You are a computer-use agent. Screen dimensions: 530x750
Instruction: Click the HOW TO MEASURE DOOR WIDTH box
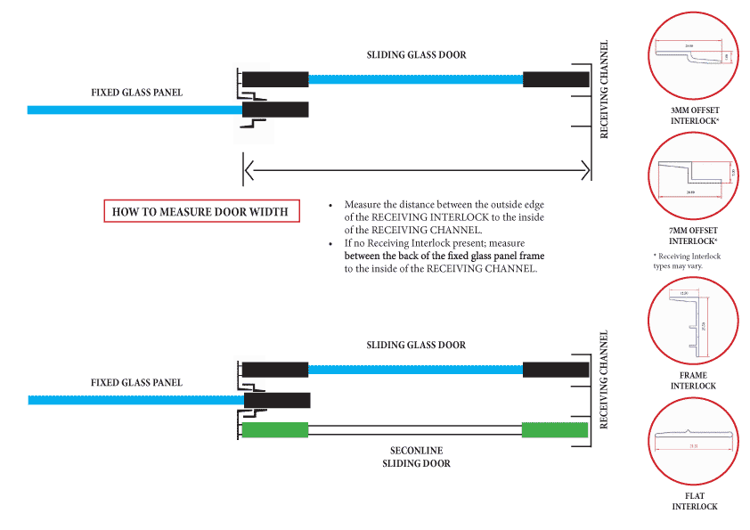coord(201,211)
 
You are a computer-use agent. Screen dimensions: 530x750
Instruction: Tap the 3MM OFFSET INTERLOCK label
coord(695,115)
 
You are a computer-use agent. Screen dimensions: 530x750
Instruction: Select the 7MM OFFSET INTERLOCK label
coord(693,236)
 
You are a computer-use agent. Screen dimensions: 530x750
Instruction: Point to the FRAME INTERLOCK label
coord(693,381)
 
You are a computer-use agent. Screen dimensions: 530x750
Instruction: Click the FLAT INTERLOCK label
coord(694,501)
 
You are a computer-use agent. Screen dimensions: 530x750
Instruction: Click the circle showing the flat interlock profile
coord(694,442)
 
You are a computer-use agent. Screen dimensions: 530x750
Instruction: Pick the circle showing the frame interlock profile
coord(694,322)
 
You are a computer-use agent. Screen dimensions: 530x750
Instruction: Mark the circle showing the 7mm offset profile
coord(694,178)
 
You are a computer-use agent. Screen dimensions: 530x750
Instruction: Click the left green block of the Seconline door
coord(275,430)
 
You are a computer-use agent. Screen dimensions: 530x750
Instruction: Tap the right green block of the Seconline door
coord(555,430)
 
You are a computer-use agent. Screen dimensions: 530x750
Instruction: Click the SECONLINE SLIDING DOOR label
coord(416,457)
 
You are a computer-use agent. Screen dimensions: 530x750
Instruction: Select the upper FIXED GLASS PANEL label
coord(136,93)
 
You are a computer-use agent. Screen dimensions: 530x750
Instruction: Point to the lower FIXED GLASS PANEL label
coord(136,382)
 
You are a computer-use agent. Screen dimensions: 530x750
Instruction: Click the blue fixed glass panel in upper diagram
coord(134,110)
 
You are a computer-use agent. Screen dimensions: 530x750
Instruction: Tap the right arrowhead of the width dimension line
coord(585,168)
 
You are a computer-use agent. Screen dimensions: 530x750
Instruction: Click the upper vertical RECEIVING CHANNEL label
coord(604,89)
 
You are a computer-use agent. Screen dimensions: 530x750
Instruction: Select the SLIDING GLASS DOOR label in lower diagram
coord(416,345)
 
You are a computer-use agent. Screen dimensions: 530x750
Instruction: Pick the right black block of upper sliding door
coord(556,79)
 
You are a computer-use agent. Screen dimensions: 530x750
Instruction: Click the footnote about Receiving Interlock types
coord(687,261)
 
